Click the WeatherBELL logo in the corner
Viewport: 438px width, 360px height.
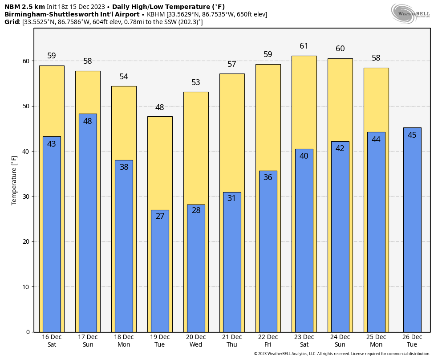tap(410, 13)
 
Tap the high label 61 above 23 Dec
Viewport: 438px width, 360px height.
tap(304, 46)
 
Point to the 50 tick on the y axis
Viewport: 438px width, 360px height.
tap(27, 106)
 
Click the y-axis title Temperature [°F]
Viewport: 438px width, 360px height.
tap(14, 180)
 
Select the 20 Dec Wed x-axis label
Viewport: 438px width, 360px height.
tap(196, 341)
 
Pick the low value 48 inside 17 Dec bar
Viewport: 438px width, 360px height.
tap(88, 121)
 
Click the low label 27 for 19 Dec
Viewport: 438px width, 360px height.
tap(160, 216)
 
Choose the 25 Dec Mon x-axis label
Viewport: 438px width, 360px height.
tap(376, 341)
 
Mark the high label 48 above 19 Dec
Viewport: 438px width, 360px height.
tap(160, 107)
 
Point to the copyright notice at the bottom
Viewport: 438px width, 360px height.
tap(342, 354)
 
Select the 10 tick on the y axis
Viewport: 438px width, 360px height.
tap(27, 286)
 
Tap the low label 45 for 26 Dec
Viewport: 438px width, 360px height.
tap(412, 135)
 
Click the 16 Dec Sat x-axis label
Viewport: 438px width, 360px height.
tap(52, 341)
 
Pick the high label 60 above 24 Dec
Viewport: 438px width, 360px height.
tap(340, 49)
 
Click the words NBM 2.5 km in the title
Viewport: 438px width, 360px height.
tap(24, 7)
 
